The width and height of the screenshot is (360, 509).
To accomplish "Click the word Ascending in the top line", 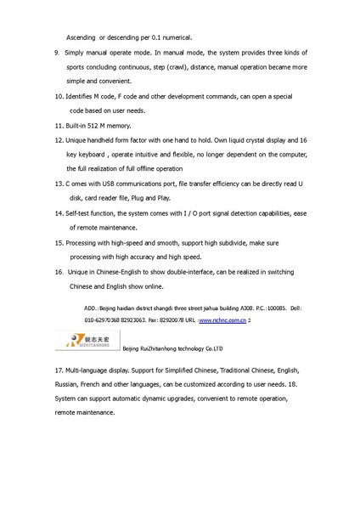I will click(x=81, y=37).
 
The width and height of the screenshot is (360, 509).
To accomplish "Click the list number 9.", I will click(x=55, y=51).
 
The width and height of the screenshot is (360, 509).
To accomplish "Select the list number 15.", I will click(x=58, y=242).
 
